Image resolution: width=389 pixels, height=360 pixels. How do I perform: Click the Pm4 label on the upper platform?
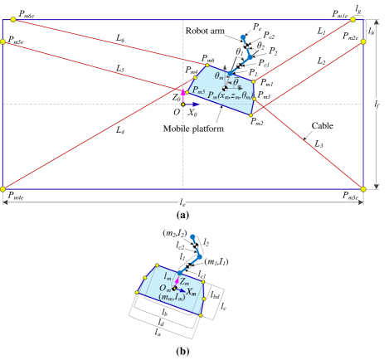(x=192, y=71)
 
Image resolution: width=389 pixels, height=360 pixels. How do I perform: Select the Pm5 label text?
(x=197, y=90)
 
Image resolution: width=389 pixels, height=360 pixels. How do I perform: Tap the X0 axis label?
(x=192, y=111)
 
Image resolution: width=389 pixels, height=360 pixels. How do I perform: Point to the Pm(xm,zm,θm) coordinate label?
(x=230, y=96)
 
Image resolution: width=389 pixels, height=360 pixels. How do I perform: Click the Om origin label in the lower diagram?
(x=165, y=288)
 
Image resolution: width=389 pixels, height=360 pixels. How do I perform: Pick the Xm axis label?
(x=191, y=291)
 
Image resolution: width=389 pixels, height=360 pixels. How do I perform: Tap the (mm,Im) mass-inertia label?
(x=172, y=296)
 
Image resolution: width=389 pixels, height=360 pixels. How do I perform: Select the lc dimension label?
(x=200, y=273)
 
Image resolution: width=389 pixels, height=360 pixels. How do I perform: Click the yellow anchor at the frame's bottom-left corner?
(x=3, y=189)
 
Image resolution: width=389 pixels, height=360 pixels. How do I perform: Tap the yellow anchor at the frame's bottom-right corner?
(x=363, y=189)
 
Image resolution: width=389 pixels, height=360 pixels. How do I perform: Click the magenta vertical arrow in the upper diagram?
(x=183, y=93)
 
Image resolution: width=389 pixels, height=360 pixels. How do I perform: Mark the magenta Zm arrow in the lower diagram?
(x=177, y=281)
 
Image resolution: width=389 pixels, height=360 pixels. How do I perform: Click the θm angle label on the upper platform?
(x=219, y=75)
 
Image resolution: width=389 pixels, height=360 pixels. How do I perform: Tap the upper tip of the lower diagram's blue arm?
(x=192, y=237)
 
